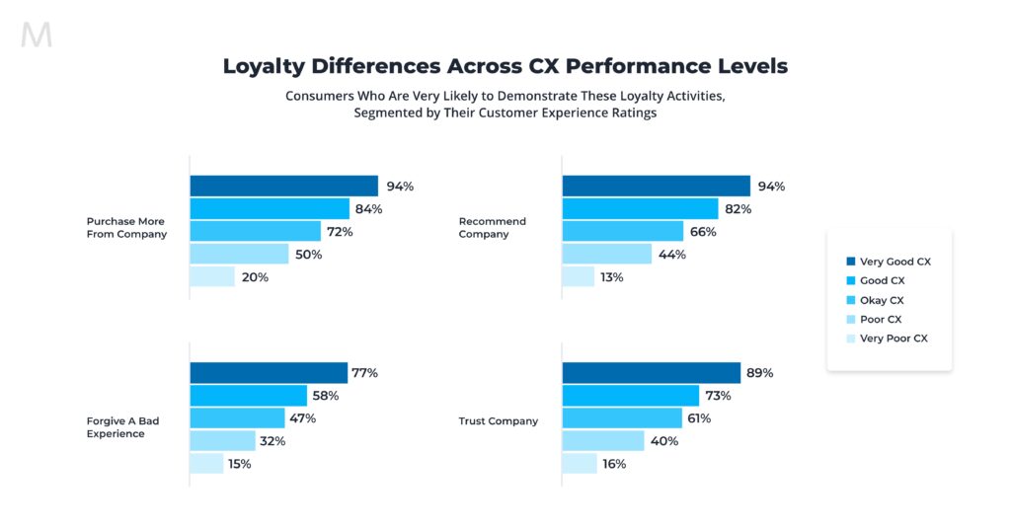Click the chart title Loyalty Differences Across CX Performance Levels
pos(505,66)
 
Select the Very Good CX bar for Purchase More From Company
pos(283,186)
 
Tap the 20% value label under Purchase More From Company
pos(256,277)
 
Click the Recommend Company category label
pos(493,228)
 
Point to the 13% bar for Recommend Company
pos(578,277)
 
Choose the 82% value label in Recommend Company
pos(738,209)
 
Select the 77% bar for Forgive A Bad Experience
pos(267,373)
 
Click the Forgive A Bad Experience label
pos(122,427)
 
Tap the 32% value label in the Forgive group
pos(272,441)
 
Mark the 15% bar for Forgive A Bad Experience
pos(206,464)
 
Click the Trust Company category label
pos(499,421)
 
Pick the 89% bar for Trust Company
pos(651,373)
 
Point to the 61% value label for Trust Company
pos(698,418)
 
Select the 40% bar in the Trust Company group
pos(602,441)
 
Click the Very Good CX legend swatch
pos(850,262)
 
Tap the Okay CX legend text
pos(881,300)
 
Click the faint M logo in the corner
pos(37,36)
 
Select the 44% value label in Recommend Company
pos(672,255)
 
